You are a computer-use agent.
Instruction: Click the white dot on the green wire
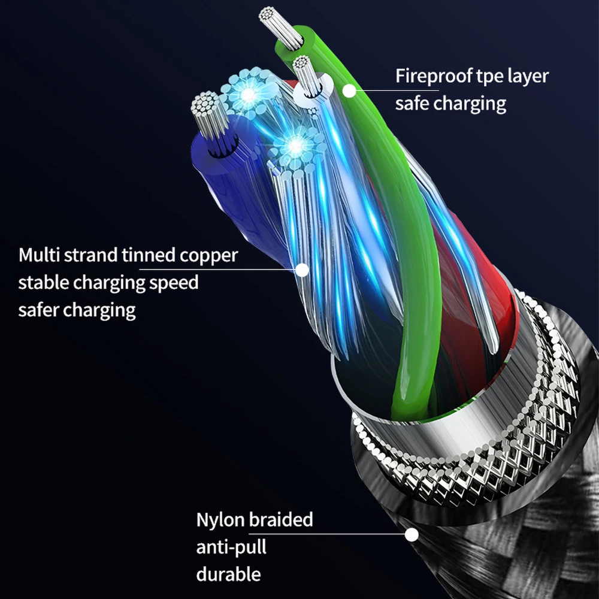[349, 90]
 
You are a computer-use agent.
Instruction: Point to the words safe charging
[450, 103]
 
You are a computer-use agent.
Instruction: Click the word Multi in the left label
[42, 255]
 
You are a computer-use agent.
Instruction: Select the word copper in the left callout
[208, 255]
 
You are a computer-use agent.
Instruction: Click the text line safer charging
[77, 310]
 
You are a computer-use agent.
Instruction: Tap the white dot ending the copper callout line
[302, 270]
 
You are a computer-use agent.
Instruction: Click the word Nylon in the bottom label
[220, 519]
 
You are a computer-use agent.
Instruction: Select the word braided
[282, 519]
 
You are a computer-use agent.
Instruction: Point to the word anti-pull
[231, 547]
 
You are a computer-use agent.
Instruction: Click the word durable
[228, 574]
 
